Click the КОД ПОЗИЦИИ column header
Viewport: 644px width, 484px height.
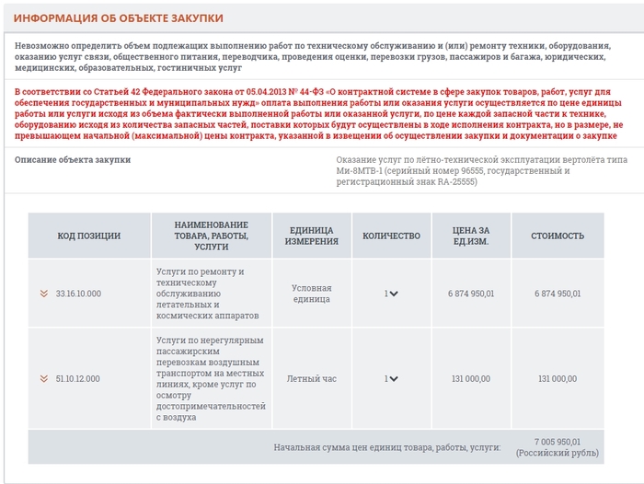pyautogui.click(x=88, y=236)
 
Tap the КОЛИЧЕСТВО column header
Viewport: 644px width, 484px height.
pyautogui.click(x=391, y=236)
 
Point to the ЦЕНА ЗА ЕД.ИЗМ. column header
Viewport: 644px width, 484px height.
pyautogui.click(x=471, y=236)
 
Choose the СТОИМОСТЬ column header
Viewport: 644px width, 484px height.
pyautogui.click(x=558, y=236)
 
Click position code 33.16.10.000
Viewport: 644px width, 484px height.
pyautogui.click(x=78, y=294)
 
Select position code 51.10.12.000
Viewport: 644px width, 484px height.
pyautogui.click(x=78, y=378)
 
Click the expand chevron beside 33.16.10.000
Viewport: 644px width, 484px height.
pyautogui.click(x=43, y=294)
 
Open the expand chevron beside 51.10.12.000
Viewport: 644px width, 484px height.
pyautogui.click(x=43, y=378)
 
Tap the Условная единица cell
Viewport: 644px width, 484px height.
pyautogui.click(x=311, y=294)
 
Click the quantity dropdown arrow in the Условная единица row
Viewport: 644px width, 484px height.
pyautogui.click(x=394, y=294)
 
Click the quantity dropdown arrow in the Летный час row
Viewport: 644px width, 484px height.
pyautogui.click(x=394, y=378)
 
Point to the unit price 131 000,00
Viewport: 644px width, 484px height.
pyautogui.click(x=471, y=378)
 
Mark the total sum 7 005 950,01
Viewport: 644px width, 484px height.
pyautogui.click(x=558, y=442)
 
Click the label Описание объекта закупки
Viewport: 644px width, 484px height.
pyautogui.click(x=73, y=159)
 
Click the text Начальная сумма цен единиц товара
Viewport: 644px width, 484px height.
pyautogui.click(x=386, y=447)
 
